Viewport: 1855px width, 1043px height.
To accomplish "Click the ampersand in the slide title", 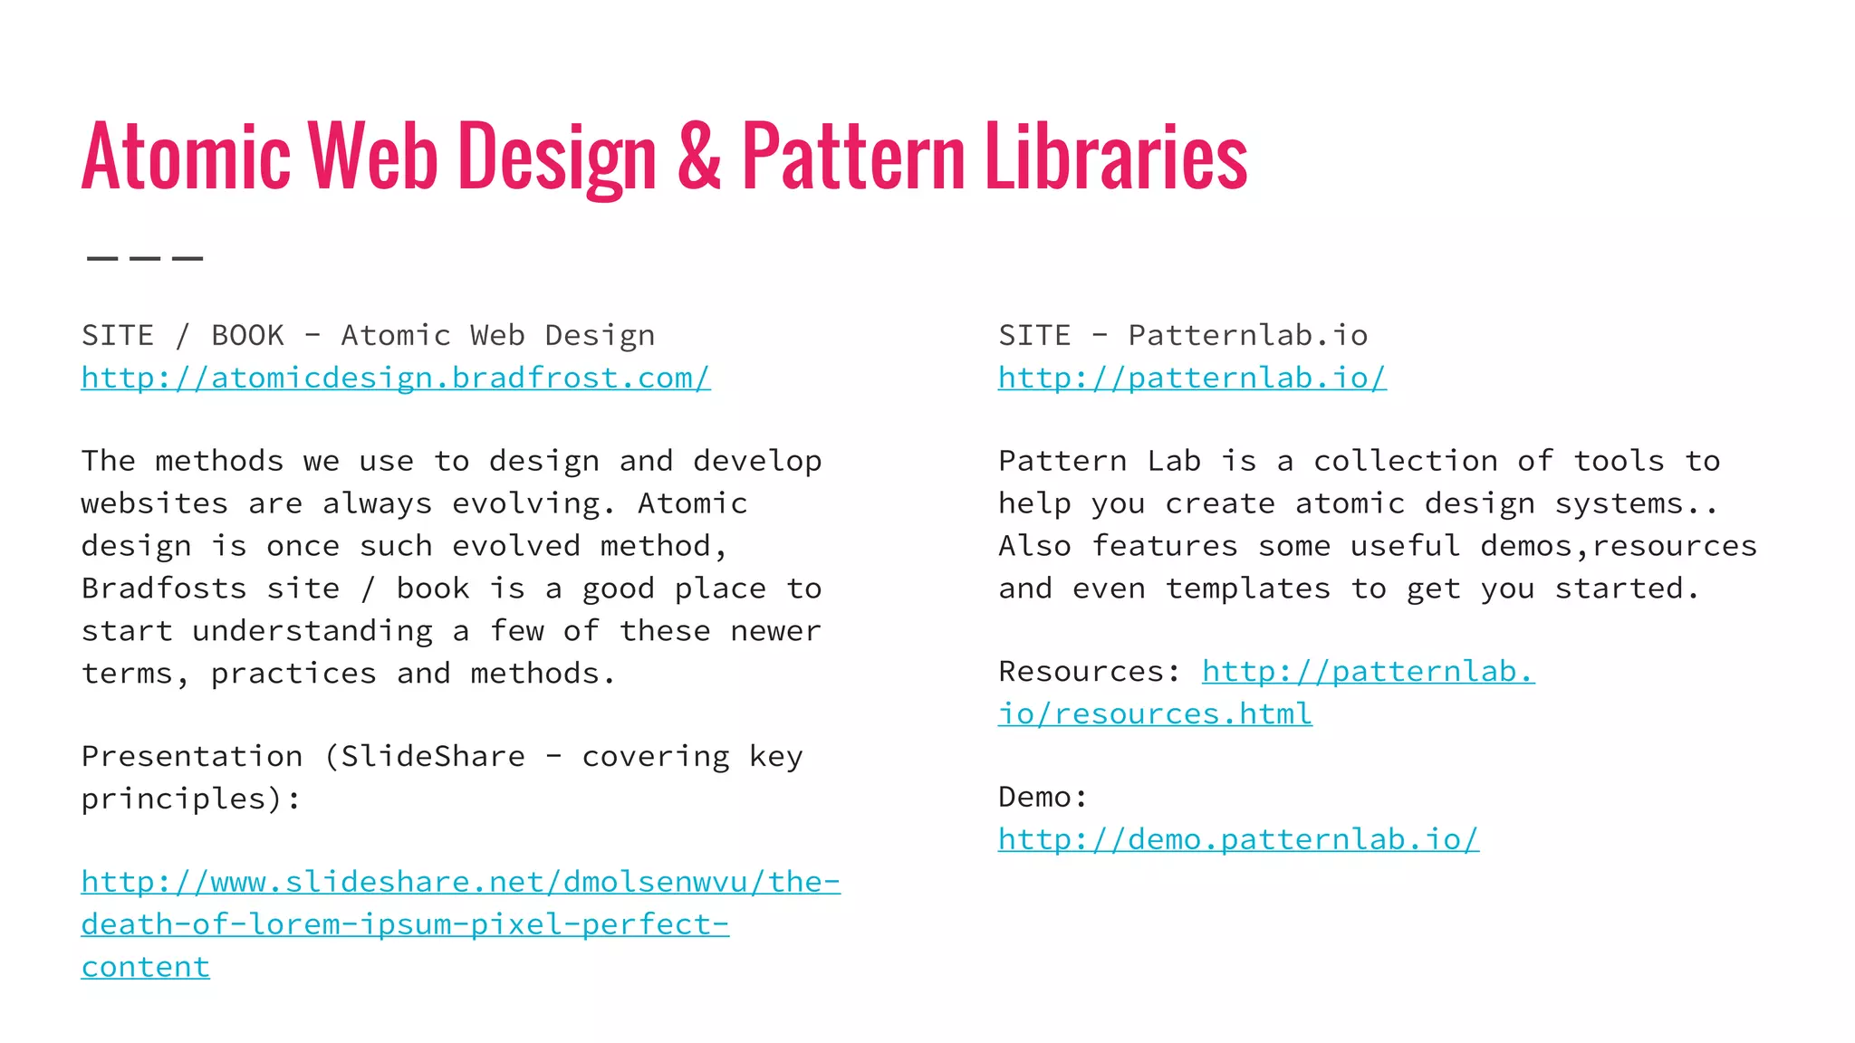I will click(699, 158).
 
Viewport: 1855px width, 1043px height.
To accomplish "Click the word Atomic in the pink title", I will click(186, 158).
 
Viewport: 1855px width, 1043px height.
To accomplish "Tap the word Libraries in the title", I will click(1116, 158).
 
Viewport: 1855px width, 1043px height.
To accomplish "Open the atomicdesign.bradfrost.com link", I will click(396, 378).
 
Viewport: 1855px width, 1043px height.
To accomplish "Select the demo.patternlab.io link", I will click(1238, 839).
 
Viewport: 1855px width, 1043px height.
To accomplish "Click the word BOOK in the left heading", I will click(247, 336).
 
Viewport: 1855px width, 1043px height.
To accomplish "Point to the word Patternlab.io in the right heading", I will click(1247, 336).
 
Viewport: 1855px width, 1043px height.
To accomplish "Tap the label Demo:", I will click(1043, 798).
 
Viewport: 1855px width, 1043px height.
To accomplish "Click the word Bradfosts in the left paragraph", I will click(164, 588).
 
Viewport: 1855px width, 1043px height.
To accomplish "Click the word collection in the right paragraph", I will click(1406, 462).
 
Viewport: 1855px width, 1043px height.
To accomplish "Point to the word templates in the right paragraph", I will click(1247, 588).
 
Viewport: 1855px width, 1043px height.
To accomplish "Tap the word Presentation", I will click(192, 757).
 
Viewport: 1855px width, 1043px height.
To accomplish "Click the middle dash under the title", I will click(145, 258).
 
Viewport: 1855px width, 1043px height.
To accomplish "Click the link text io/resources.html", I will click(1155, 714).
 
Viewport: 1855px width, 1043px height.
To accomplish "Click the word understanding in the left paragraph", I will click(312, 631).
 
